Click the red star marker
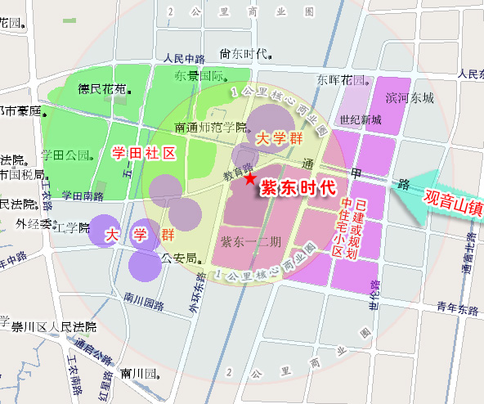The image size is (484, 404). coord(249,178)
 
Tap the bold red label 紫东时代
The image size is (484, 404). coord(298,187)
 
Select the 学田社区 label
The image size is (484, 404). coord(144,153)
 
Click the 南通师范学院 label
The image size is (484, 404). coord(211,128)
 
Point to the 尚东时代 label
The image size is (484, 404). coord(244,54)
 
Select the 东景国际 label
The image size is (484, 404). coord(199,76)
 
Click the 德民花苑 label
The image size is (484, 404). coord(102,88)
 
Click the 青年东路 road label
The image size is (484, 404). coord(456,309)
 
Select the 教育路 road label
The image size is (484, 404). coord(235,173)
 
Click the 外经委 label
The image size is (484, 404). coord(34,223)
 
